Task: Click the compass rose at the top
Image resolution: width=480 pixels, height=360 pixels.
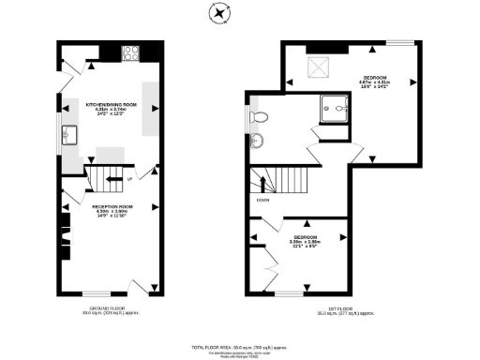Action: tap(220, 13)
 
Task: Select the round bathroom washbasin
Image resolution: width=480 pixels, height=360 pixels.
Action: tap(258, 141)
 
